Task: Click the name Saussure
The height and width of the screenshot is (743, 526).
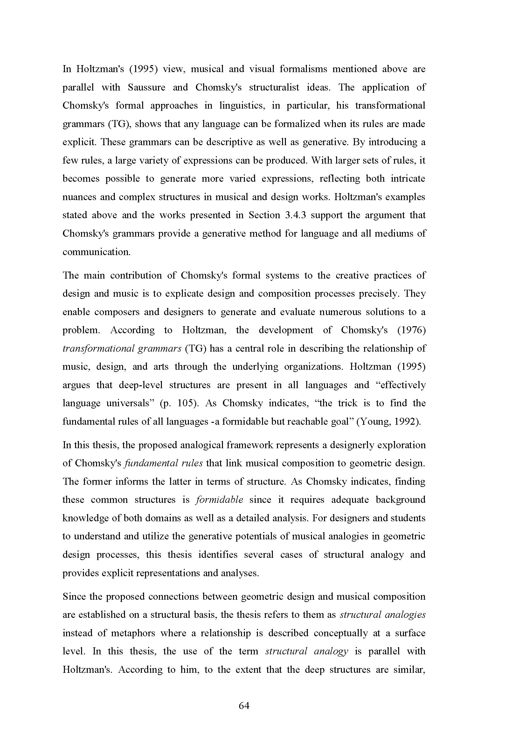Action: point(146,87)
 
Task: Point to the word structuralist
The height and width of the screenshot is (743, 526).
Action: point(274,87)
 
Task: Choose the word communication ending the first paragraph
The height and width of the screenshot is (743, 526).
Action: point(96,252)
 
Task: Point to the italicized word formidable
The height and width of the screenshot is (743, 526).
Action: point(219,500)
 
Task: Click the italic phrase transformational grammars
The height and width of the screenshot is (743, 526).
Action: point(122,348)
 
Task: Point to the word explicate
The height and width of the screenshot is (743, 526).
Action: point(183,294)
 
